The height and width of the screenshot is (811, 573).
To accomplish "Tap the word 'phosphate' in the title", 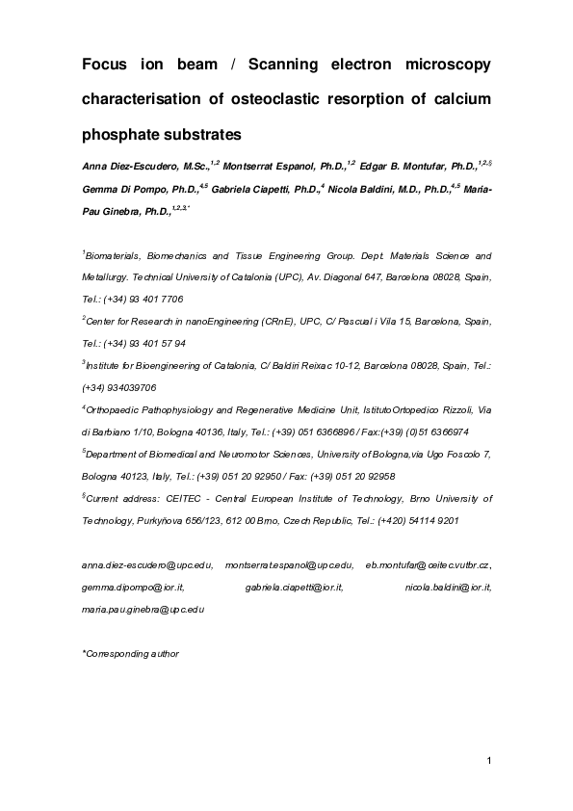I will (x=122, y=132).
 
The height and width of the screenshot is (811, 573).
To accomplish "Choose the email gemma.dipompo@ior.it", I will (x=133, y=587).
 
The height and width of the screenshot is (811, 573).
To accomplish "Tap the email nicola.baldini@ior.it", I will (x=448, y=587).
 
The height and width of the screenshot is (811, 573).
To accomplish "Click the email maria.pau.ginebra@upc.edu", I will (x=143, y=609).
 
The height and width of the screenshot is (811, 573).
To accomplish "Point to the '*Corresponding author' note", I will (x=131, y=654).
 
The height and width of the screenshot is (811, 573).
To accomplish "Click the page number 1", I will (x=489, y=763).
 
